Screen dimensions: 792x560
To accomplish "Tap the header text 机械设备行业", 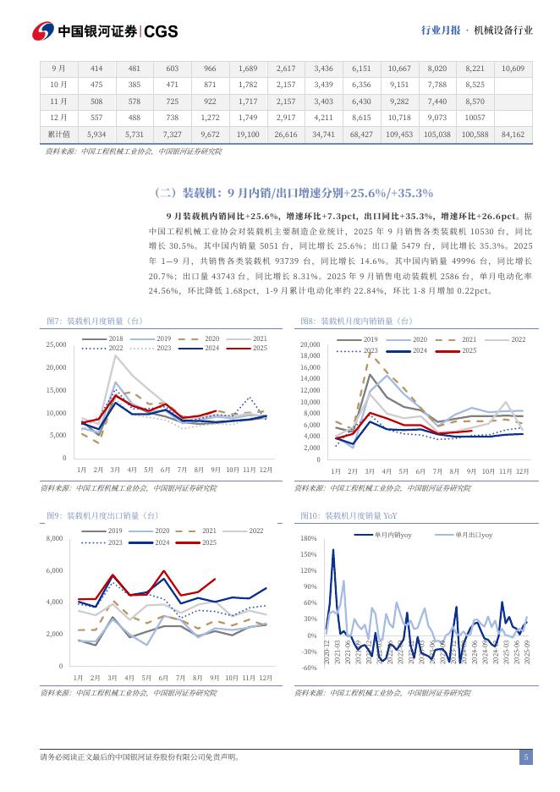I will tap(505, 30).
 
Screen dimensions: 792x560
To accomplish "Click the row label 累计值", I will tap(58, 134).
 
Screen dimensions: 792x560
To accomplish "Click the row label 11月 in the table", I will tap(58, 101).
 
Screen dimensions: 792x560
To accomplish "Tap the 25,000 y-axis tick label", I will tap(56, 345).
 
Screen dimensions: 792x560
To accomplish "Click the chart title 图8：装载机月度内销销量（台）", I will tap(356, 321).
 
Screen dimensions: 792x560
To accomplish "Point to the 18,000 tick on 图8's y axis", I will tap(310, 356).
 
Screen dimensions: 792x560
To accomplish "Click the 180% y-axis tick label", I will tap(308, 538).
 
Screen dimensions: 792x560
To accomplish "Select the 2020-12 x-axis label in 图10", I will tap(328, 657).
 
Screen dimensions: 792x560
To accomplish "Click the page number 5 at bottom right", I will tap(525, 757).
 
